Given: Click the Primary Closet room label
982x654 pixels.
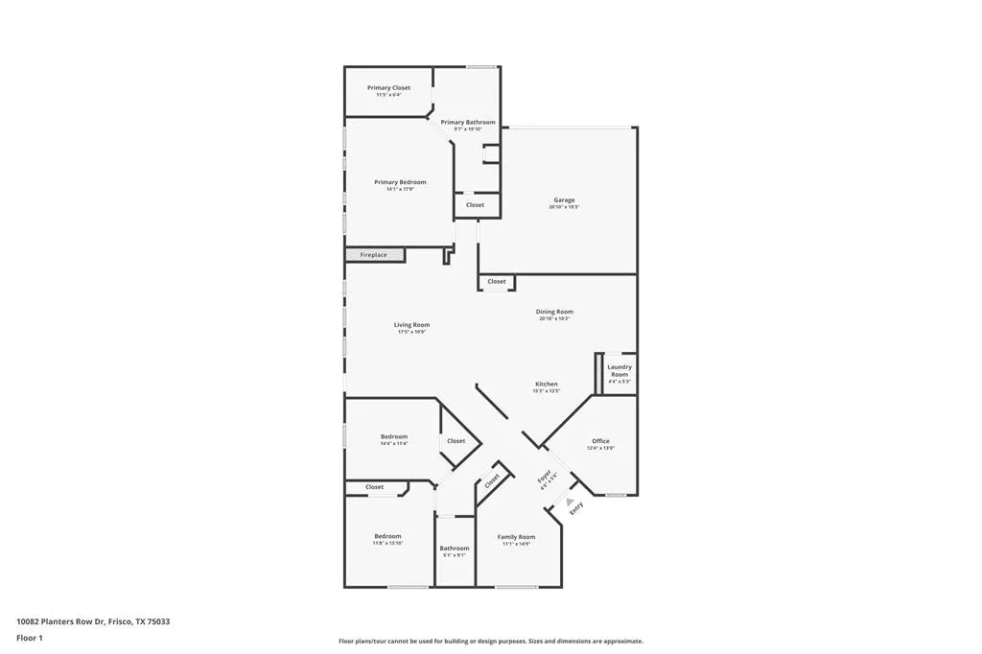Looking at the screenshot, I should (x=388, y=88).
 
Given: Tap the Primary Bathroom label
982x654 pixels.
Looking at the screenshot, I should (x=468, y=123).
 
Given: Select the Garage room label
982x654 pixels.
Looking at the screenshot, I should (x=563, y=200).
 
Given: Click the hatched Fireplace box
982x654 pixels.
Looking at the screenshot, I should (x=375, y=255).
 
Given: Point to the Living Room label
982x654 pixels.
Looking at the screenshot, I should (x=411, y=325).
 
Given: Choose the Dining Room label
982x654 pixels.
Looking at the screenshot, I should (x=554, y=312).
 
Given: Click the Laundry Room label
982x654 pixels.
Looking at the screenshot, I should (x=620, y=370).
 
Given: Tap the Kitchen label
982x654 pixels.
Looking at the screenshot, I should (x=546, y=385).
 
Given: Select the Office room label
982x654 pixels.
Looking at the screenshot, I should (x=600, y=441).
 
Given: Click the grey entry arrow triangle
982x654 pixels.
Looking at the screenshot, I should (x=570, y=501).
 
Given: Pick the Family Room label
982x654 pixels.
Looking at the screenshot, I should (x=516, y=537).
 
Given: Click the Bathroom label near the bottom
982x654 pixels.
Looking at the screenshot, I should (x=455, y=549).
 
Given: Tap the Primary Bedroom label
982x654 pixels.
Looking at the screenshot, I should (x=400, y=182).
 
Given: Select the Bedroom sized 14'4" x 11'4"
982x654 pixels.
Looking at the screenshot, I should (x=394, y=437).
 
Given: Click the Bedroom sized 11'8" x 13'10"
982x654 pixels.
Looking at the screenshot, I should (x=387, y=536).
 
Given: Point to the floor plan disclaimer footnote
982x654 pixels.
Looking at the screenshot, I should (x=490, y=642).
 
